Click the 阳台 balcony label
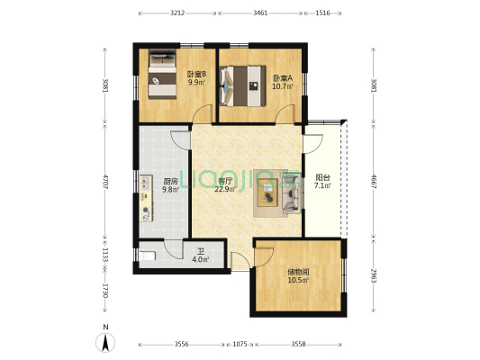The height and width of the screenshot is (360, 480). point(322,177)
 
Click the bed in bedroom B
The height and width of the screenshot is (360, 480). point(163,78)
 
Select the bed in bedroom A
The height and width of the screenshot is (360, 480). point(240,86)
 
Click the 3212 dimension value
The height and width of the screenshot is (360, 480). point(177,13)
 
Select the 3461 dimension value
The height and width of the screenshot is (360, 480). point(260,13)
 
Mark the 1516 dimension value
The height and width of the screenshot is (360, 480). point(322,13)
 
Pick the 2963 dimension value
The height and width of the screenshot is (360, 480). point(373,276)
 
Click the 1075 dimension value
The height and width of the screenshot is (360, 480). point(240,343)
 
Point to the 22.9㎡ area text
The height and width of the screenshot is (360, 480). point(225,189)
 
